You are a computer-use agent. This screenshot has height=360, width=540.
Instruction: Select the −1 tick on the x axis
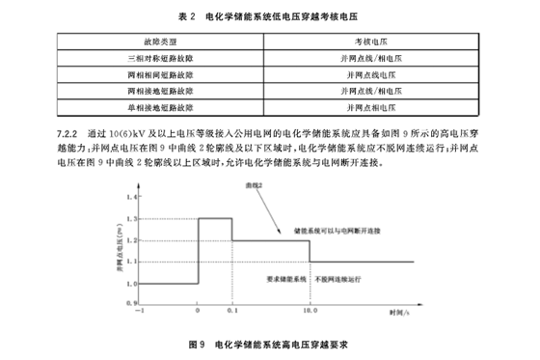pyautogui.click(x=141, y=312)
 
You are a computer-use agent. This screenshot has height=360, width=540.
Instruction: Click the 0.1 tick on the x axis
pyautogui.click(x=231, y=312)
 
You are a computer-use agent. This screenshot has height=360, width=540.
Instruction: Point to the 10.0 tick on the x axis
pyautogui.click(x=310, y=312)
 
